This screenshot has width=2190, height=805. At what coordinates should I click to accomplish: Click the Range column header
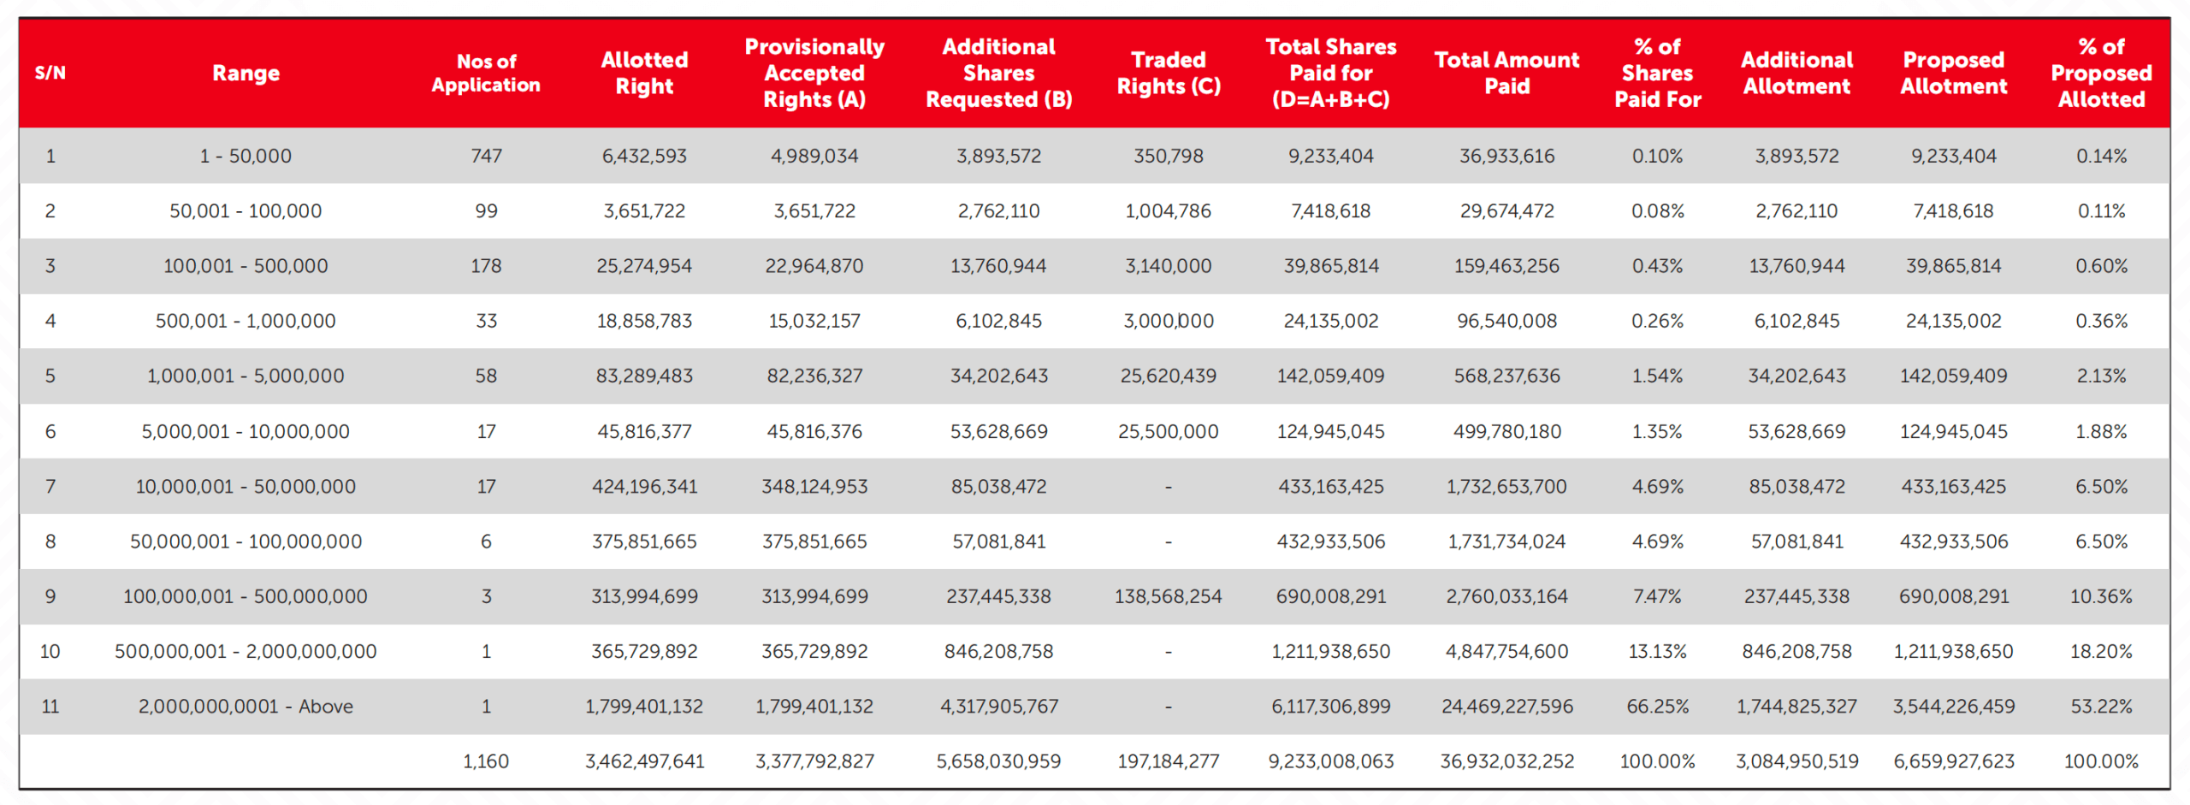[x=246, y=74]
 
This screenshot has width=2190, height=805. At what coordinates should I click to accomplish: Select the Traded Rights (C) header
[x=1169, y=74]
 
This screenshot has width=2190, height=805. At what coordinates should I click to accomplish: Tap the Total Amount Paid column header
[x=1506, y=74]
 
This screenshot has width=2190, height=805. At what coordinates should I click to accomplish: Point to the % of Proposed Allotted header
[x=2101, y=74]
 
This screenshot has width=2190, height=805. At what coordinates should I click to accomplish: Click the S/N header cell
[x=50, y=74]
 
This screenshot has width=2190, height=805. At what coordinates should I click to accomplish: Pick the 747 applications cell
[x=486, y=157]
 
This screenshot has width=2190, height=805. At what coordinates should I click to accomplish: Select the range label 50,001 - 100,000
[x=246, y=211]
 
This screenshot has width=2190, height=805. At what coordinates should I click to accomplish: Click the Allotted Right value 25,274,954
[x=644, y=266]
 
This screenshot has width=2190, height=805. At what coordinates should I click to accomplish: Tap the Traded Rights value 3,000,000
[x=1169, y=321]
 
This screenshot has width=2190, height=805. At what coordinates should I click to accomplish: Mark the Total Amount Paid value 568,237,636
[x=1506, y=376]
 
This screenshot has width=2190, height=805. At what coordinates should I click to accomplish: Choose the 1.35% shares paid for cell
[x=1657, y=431]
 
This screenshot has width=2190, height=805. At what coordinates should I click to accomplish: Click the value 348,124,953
[x=814, y=487]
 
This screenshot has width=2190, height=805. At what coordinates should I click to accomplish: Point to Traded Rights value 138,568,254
[x=1169, y=596]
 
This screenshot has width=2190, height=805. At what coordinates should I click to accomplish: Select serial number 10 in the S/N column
[x=50, y=652]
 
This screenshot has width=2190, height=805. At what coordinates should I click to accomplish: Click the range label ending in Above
[x=246, y=707]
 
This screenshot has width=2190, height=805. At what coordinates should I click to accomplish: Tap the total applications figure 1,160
[x=486, y=761]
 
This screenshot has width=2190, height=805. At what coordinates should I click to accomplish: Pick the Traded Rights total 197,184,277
[x=1169, y=761]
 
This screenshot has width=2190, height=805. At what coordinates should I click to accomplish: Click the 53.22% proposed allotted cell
[x=2101, y=707]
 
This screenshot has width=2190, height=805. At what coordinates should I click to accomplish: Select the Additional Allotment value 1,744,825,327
[x=1796, y=707]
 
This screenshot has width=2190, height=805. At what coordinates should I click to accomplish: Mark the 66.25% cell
[x=1657, y=707]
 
